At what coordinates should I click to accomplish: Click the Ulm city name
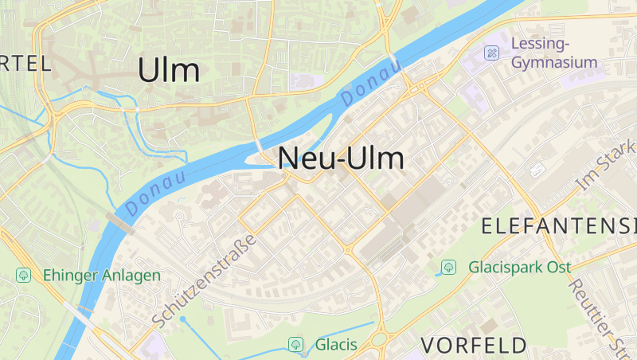tap(168, 70)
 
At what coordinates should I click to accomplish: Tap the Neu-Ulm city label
tap(341, 158)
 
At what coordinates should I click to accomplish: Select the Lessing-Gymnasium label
tap(555, 52)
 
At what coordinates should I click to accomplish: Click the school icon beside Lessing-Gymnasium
tap(492, 53)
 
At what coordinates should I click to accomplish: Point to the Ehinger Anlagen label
tap(102, 275)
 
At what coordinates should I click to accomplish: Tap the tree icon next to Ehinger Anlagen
tap(24, 275)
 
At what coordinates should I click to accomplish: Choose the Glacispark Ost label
tap(519, 267)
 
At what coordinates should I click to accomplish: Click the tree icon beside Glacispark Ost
tap(449, 266)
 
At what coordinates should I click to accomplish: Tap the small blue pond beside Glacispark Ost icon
tap(437, 272)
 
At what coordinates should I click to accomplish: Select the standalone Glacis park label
tap(335, 345)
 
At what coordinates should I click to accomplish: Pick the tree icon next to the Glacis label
tap(295, 344)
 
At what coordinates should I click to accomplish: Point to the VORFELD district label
tap(474, 345)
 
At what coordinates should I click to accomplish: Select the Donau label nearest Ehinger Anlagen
tap(156, 192)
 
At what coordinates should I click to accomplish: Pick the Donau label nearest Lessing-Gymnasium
tap(371, 84)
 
